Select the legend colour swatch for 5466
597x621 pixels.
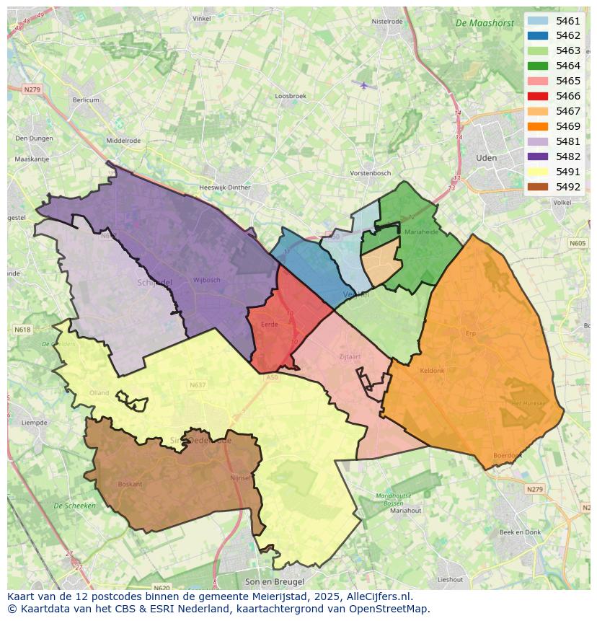tap(537, 96)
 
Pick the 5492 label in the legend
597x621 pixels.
tap(567, 187)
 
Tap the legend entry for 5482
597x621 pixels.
tap(567, 157)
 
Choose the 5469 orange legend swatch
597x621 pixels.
tap(537, 126)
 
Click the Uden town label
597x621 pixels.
tap(487, 157)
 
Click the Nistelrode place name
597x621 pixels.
tap(387, 22)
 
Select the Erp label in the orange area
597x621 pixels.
tap(472, 333)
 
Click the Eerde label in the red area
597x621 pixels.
tap(268, 325)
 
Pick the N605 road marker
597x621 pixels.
tap(578, 244)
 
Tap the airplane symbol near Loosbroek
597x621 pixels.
tap(364, 85)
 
